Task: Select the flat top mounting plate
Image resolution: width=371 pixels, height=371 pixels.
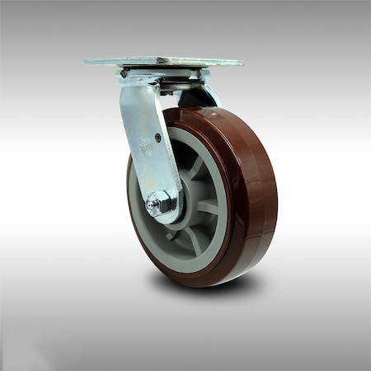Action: (x=163, y=62)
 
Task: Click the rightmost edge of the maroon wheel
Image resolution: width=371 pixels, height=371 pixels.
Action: (x=277, y=198)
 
